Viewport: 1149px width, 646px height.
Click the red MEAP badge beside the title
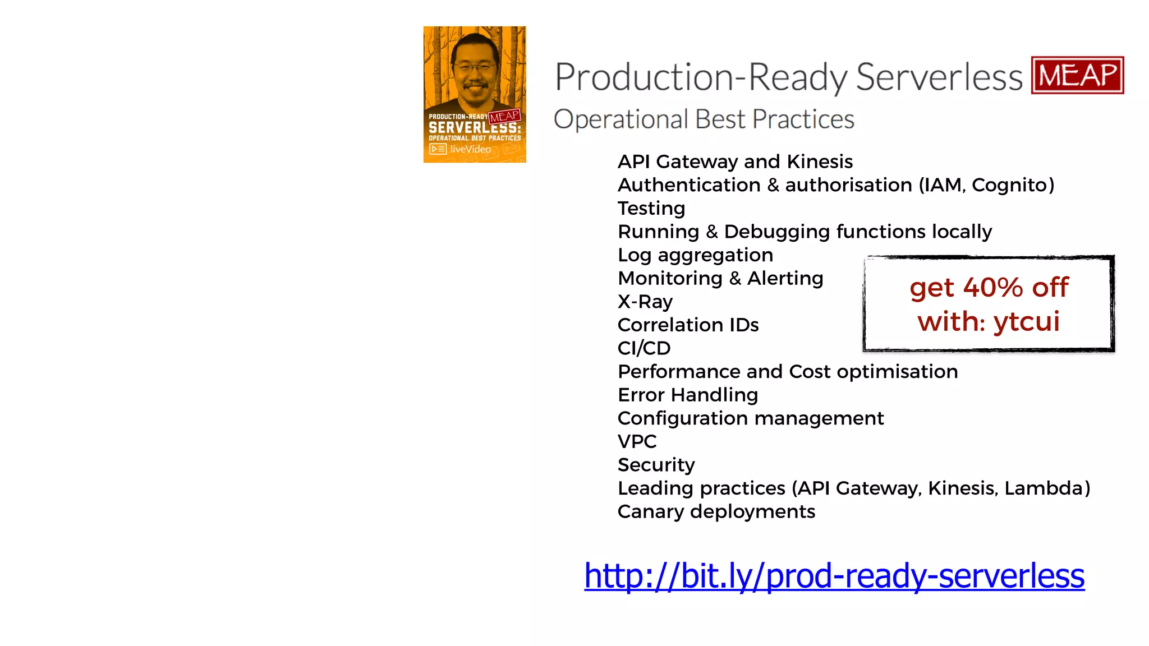1077,75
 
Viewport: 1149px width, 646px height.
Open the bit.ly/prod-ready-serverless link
834,576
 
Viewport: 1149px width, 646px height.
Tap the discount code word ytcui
1026,322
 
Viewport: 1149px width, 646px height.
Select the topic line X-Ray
645,302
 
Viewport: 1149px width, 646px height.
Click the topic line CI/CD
644,348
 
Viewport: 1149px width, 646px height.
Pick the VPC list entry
637,441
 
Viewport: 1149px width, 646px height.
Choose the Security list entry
656,465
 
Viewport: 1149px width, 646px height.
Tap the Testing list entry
651,209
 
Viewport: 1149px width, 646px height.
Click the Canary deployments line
716,511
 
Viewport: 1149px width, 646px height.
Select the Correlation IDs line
688,325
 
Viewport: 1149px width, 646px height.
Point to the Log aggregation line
695,255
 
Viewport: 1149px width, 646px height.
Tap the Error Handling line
688,395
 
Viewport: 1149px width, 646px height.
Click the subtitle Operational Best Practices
704,119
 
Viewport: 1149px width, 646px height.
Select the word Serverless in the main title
939,77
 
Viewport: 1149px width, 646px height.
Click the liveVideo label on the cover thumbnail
470,149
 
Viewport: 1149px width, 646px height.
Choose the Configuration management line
750,418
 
